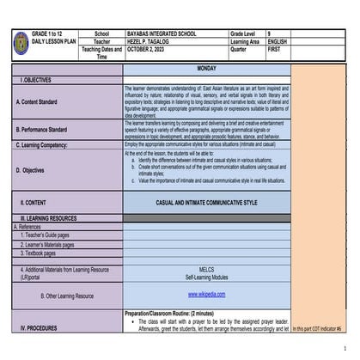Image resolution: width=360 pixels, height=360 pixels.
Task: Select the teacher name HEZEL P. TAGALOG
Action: pos(149,41)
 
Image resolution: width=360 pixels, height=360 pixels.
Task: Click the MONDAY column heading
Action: pos(206,68)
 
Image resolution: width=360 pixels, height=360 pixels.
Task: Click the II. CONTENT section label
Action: pos(34,203)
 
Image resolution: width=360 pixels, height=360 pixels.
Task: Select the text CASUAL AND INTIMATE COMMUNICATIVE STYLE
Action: pos(206,203)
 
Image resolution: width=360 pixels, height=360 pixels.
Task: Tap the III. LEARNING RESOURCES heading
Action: pos(49,219)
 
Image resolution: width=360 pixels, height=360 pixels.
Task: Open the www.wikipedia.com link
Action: pos(206,294)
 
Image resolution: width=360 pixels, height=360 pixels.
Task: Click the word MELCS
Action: pos(206,269)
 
